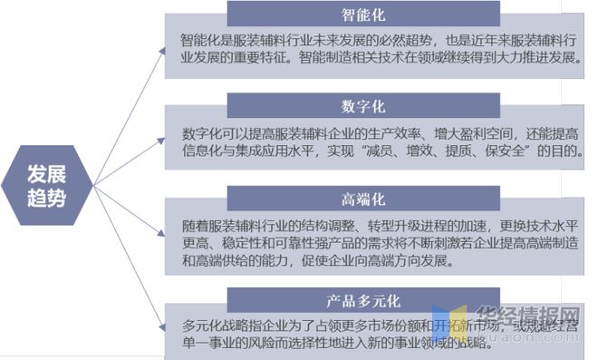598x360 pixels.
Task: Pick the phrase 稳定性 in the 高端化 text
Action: [x=239, y=244]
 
